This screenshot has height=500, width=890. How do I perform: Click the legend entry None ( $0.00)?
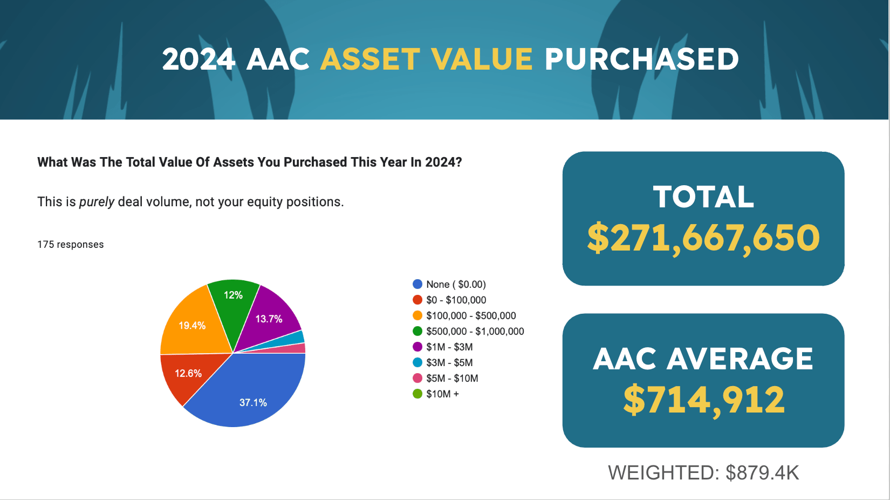(x=449, y=285)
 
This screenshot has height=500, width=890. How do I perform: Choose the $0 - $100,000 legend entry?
(x=449, y=300)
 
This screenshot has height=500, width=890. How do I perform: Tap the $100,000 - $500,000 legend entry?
(x=464, y=315)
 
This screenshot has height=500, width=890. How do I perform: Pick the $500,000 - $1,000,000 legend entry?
(x=468, y=332)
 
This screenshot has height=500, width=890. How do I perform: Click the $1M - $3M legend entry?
(x=443, y=347)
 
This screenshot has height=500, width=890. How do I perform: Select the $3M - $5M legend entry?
(x=443, y=362)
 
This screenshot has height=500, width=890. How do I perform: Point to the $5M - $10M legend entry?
(x=446, y=379)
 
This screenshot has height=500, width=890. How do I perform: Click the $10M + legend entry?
(x=436, y=394)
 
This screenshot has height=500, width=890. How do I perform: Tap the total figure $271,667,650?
(x=703, y=238)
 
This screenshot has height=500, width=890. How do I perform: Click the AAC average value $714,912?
(x=704, y=400)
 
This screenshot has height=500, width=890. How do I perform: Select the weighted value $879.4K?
(x=762, y=473)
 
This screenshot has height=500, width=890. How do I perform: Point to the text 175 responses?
(x=70, y=244)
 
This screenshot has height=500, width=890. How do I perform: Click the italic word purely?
(x=97, y=202)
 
